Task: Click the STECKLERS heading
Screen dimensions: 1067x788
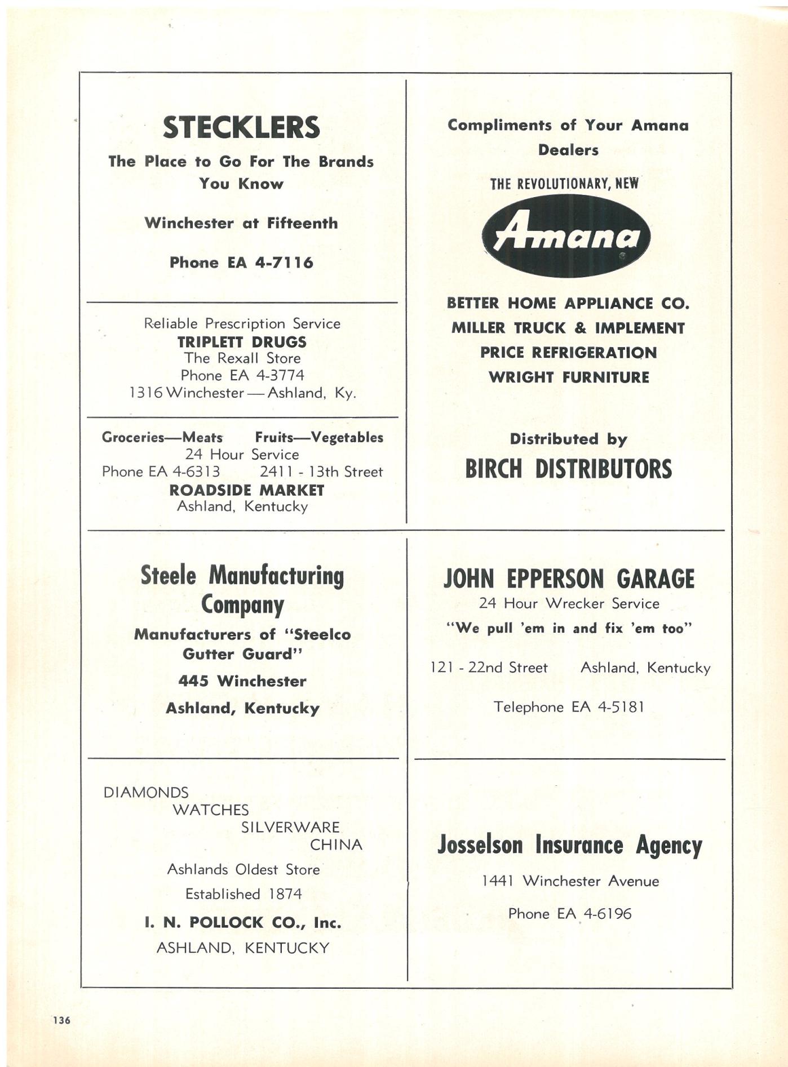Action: [241, 127]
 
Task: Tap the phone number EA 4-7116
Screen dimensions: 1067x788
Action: [270, 263]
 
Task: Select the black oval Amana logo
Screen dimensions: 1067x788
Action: [566, 235]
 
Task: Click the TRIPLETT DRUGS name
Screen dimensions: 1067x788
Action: [242, 342]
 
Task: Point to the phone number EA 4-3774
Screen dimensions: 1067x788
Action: [267, 375]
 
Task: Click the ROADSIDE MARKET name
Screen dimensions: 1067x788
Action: [247, 490]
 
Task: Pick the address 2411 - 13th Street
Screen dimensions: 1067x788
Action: [321, 472]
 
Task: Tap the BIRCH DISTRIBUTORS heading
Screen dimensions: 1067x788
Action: [568, 469]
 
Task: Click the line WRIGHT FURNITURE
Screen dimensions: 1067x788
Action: [568, 377]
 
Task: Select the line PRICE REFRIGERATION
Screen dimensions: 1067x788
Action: [568, 353]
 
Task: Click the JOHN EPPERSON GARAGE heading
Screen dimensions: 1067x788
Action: [569, 579]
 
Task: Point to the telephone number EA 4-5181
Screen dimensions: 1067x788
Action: [608, 707]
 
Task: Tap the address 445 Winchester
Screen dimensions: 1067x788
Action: [242, 681]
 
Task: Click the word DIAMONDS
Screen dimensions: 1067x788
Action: [146, 793]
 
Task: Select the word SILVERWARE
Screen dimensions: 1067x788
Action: [290, 827]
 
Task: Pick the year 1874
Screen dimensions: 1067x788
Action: [285, 894]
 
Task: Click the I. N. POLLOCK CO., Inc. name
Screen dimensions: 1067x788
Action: [243, 923]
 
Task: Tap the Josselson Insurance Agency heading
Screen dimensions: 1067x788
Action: [569, 845]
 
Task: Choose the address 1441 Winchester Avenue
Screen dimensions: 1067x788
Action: [570, 881]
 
